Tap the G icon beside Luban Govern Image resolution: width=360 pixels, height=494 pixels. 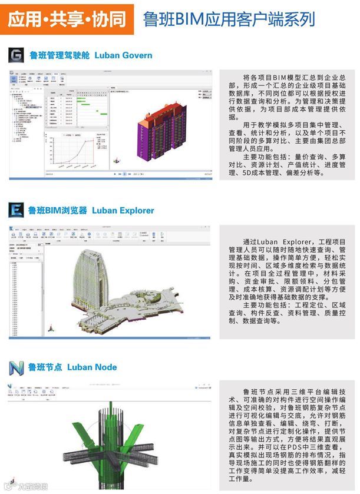point(16,55)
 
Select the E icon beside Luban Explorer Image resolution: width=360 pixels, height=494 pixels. point(16,210)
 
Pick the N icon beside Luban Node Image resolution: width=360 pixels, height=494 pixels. point(16,367)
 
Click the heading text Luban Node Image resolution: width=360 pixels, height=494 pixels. point(92,367)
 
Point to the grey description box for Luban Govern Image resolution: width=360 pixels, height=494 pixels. point(287,125)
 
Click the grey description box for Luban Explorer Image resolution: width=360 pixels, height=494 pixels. point(287,281)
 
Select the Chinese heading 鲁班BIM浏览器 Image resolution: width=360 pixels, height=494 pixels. point(58,210)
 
